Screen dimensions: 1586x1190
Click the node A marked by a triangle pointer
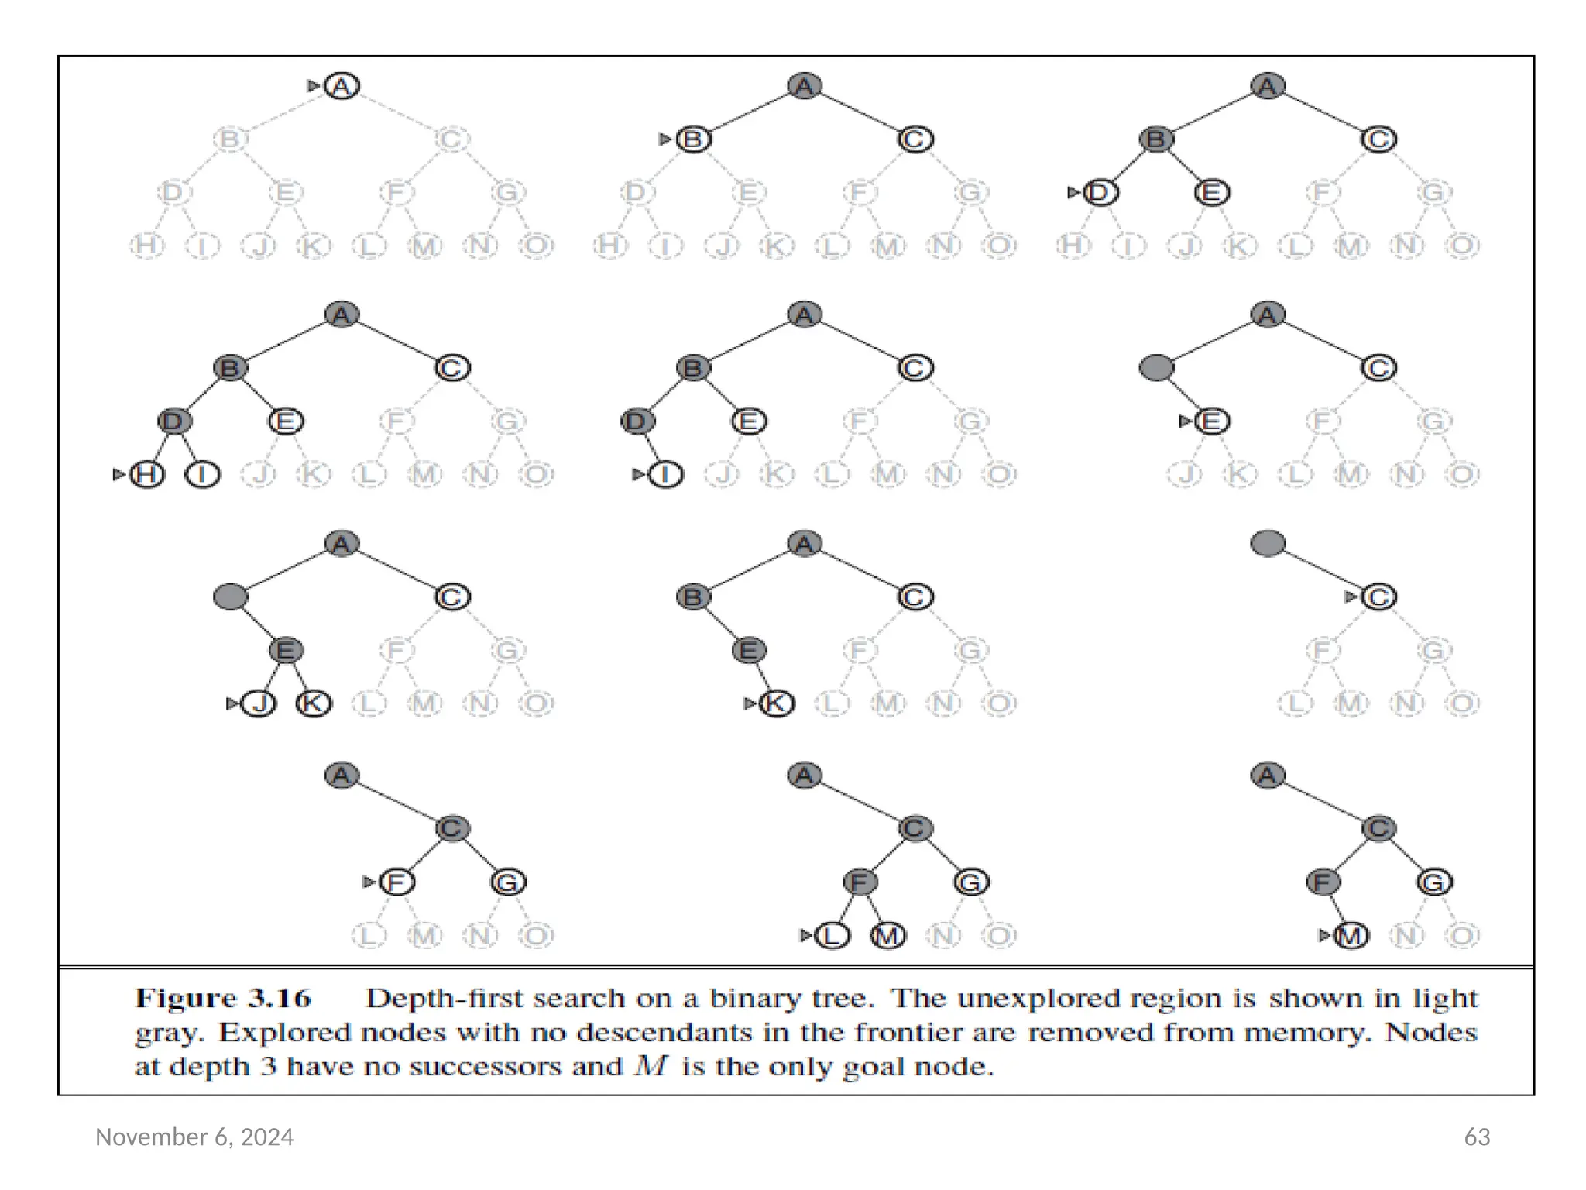tap(342, 85)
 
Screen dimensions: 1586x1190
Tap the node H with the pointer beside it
tap(147, 474)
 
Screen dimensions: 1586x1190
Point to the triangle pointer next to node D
tap(1073, 192)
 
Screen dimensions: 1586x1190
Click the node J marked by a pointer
tap(259, 703)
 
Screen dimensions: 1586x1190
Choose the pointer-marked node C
tap(1378, 597)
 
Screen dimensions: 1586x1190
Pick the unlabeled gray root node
tap(1268, 543)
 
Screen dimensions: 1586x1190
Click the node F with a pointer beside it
tap(397, 882)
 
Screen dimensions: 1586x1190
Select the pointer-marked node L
tap(832, 936)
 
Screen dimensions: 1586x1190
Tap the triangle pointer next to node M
tap(1324, 936)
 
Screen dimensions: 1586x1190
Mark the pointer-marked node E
tap(1212, 421)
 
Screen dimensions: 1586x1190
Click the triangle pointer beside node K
tap(749, 703)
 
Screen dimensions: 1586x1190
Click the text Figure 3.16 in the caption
tap(223, 998)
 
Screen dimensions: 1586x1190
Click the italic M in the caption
tap(651, 1067)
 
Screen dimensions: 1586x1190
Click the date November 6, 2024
tap(194, 1137)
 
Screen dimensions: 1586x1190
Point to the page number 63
tap(1477, 1137)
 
